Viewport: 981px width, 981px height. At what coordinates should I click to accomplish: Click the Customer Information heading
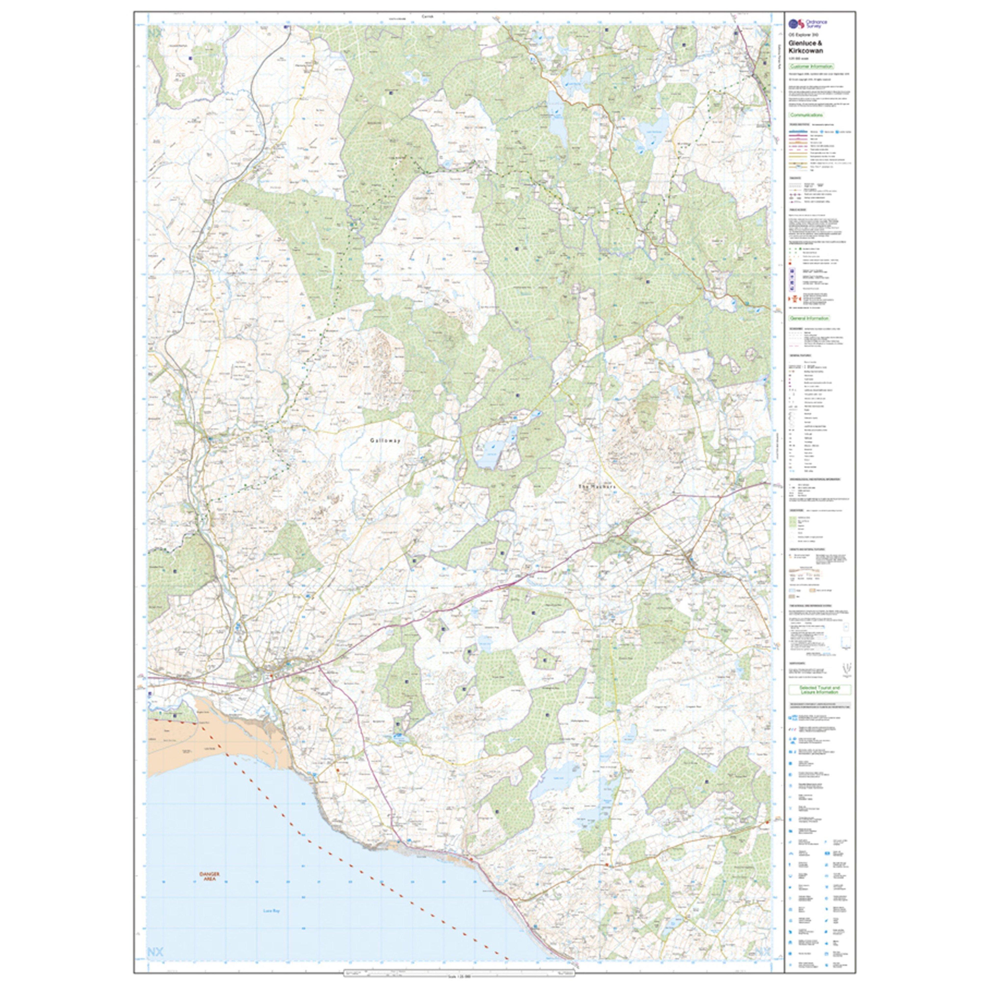click(x=811, y=66)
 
